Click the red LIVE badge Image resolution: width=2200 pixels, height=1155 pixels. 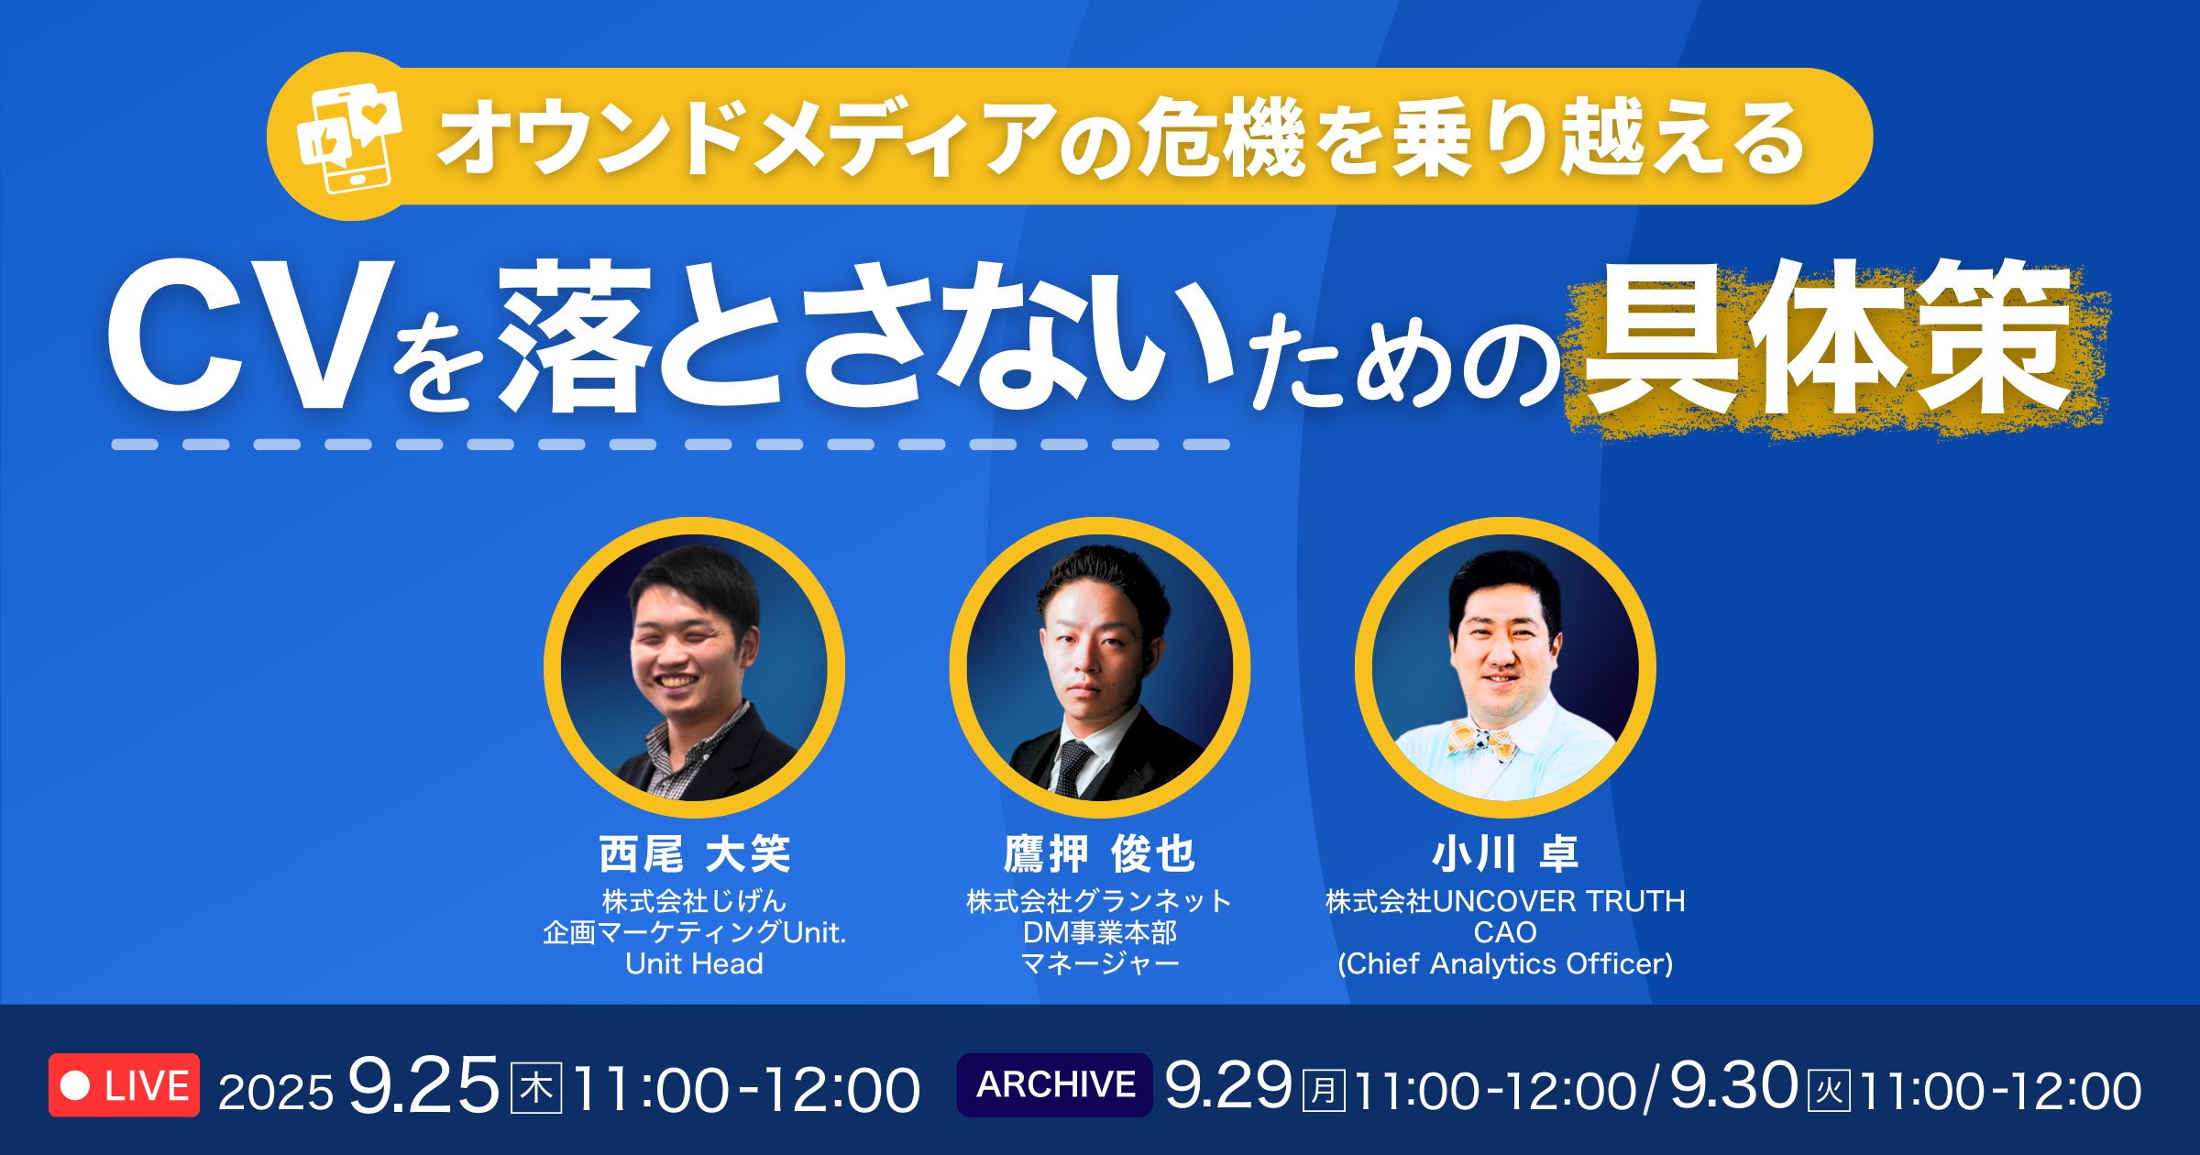tap(124, 1085)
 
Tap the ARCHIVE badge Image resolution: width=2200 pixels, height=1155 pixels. tap(1054, 1085)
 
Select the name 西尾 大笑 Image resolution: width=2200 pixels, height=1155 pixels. tap(694, 854)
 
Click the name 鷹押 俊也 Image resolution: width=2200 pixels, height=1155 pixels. tap(1099, 854)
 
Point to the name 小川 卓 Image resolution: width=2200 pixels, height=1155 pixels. tap(1504, 854)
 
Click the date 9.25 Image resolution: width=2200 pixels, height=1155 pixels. tap(423, 1087)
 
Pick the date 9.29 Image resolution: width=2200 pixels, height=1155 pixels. tap(1228, 1087)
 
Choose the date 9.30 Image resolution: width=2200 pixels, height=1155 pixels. tap(1732, 1087)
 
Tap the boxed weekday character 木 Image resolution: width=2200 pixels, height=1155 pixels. tap(535, 1089)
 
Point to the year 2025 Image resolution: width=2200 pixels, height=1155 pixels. tap(275, 1093)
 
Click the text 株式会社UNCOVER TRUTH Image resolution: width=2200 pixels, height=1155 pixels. tap(1504, 902)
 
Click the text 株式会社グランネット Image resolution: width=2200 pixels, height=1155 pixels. tap(1099, 902)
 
